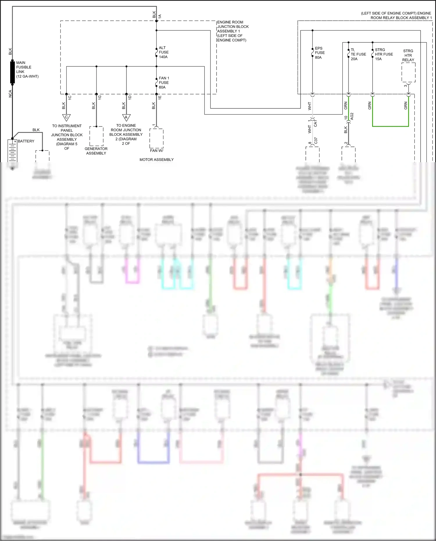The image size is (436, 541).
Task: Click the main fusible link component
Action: pyautogui.click(x=12, y=72)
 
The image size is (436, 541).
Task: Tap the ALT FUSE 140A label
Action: pyautogui.click(x=164, y=52)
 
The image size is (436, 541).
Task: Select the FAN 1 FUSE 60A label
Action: pyautogui.click(x=164, y=83)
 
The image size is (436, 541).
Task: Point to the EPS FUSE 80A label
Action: pyautogui.click(x=320, y=53)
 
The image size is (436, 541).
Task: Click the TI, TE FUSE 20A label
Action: pyautogui.click(x=358, y=54)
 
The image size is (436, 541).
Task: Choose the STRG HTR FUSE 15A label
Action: pyautogui.click(x=384, y=54)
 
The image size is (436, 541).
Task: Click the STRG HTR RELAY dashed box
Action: pyautogui.click(x=408, y=72)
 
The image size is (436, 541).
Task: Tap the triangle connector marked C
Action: pyautogui.click(x=67, y=117)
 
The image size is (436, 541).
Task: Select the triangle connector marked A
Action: pyautogui.click(x=126, y=117)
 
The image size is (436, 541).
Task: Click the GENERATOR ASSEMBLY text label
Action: pyautogui.click(x=96, y=151)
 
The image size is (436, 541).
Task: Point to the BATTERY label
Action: pyautogui.click(x=26, y=141)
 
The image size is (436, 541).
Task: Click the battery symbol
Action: pyautogui.click(x=12, y=151)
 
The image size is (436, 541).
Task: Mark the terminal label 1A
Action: pyautogui.click(x=160, y=16)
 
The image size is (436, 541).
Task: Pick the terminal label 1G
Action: pyautogui.click(x=100, y=98)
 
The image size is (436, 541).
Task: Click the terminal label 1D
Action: pyautogui.click(x=130, y=98)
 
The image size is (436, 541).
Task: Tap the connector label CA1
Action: pyautogui.click(x=315, y=123)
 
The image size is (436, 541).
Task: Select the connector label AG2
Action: pyautogui.click(x=352, y=117)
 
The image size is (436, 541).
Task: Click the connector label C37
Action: pyautogui.click(x=316, y=141)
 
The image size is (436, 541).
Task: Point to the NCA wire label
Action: pyautogui.click(x=10, y=94)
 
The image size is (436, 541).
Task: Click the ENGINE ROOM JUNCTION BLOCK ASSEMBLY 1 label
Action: pyautogui.click(x=233, y=31)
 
